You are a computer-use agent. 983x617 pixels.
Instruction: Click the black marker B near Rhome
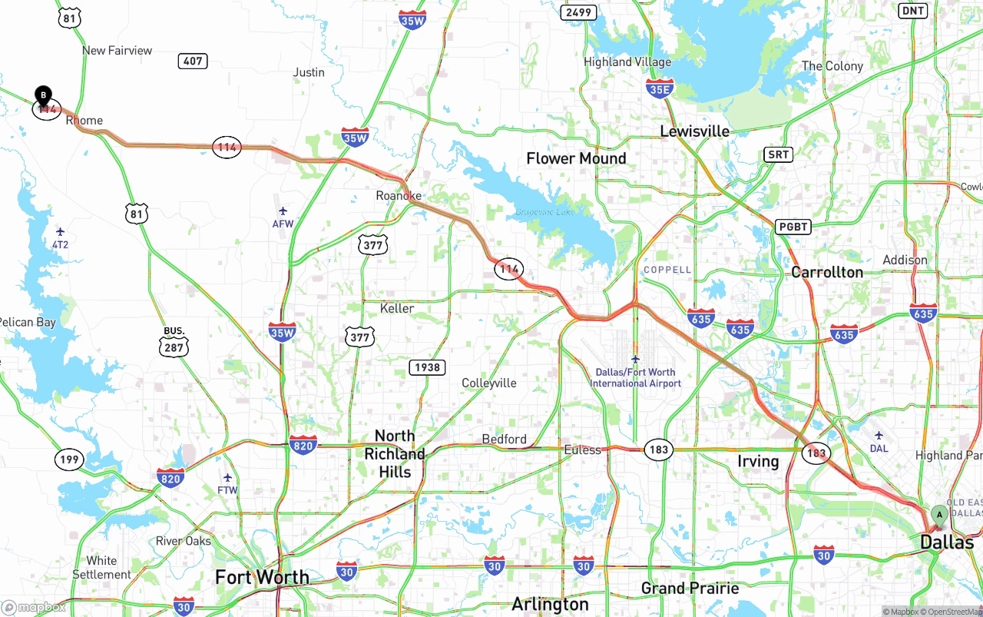click(x=44, y=96)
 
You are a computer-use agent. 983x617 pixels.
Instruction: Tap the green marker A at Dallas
click(x=938, y=514)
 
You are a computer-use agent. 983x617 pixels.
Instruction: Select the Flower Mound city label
click(x=576, y=158)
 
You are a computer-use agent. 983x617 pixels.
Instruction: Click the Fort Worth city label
click(x=262, y=577)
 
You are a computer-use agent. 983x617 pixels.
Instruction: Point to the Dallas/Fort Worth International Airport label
click(x=635, y=377)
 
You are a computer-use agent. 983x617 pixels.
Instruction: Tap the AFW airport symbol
click(x=283, y=211)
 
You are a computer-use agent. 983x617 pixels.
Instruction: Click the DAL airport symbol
click(x=879, y=436)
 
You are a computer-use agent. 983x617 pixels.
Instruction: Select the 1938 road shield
click(x=427, y=367)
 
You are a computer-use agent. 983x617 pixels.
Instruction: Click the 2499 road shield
click(x=578, y=12)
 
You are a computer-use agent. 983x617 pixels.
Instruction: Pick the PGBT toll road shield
click(x=793, y=227)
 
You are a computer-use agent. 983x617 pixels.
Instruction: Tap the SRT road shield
click(x=778, y=154)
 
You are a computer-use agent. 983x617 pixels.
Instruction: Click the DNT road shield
click(x=913, y=11)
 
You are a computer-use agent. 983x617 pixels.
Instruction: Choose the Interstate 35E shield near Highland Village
click(x=660, y=88)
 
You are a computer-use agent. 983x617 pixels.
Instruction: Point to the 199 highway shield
click(x=69, y=460)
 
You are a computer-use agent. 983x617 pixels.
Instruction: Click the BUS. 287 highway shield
click(x=174, y=347)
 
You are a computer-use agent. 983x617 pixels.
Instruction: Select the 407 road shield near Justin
click(x=193, y=61)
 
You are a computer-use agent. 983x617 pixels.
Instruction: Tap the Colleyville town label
click(x=489, y=383)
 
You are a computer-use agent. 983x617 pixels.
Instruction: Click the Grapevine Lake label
click(x=544, y=212)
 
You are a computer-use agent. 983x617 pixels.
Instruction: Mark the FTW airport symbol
click(x=227, y=478)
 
